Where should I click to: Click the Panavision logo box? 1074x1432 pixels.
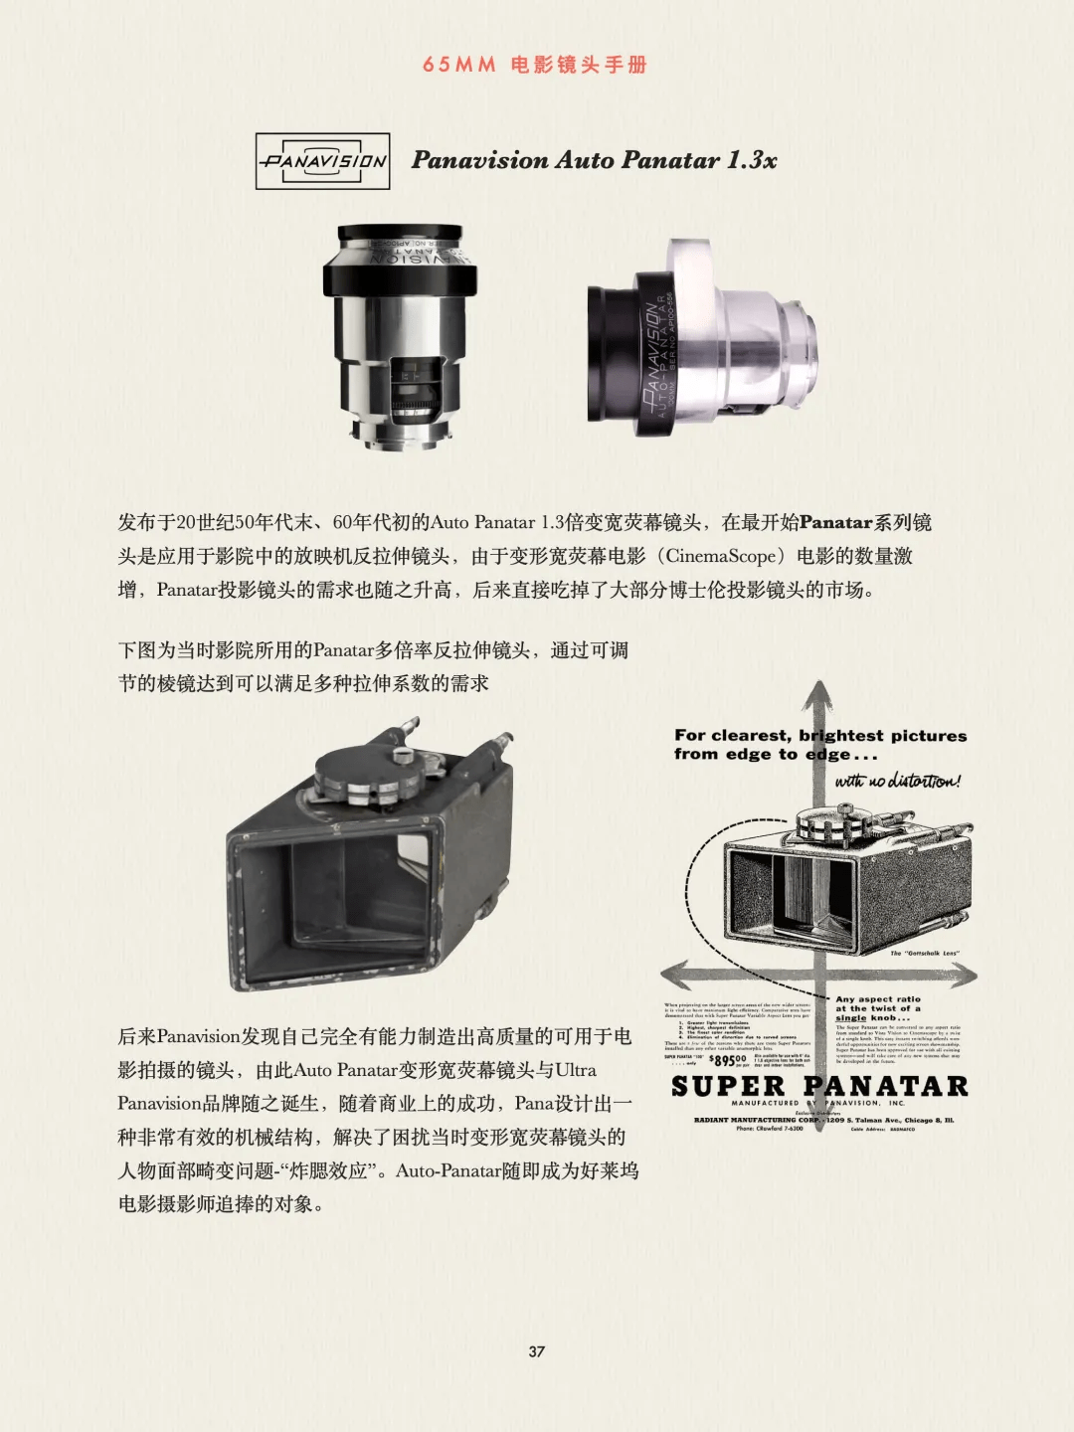pos(322,161)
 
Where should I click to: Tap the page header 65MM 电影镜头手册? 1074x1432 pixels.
pos(535,65)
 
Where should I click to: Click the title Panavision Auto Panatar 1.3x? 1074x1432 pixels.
pos(594,160)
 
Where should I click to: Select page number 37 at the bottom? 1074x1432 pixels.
pos(537,1351)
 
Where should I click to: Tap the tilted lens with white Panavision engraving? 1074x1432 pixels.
pos(704,339)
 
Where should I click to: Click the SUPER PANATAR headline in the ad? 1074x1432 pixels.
pos(819,1086)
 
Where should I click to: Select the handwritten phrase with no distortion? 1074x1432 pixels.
pos(898,781)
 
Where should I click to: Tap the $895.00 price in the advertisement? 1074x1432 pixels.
pos(727,1060)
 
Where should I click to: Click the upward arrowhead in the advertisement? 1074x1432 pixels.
pos(817,696)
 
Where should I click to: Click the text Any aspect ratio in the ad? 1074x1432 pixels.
pos(878,998)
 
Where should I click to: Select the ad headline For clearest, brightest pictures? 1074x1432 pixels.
pos(819,736)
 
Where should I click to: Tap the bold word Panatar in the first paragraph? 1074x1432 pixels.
pos(835,522)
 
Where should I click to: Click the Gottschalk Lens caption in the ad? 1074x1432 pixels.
pos(924,953)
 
